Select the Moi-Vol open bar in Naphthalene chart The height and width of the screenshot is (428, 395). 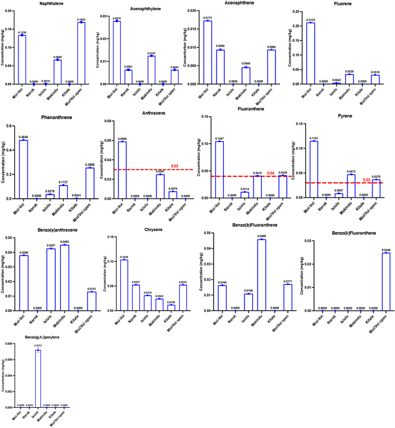point(81,54)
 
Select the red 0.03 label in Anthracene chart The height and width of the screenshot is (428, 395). point(175,166)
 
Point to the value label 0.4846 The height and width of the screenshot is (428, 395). point(24,137)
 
